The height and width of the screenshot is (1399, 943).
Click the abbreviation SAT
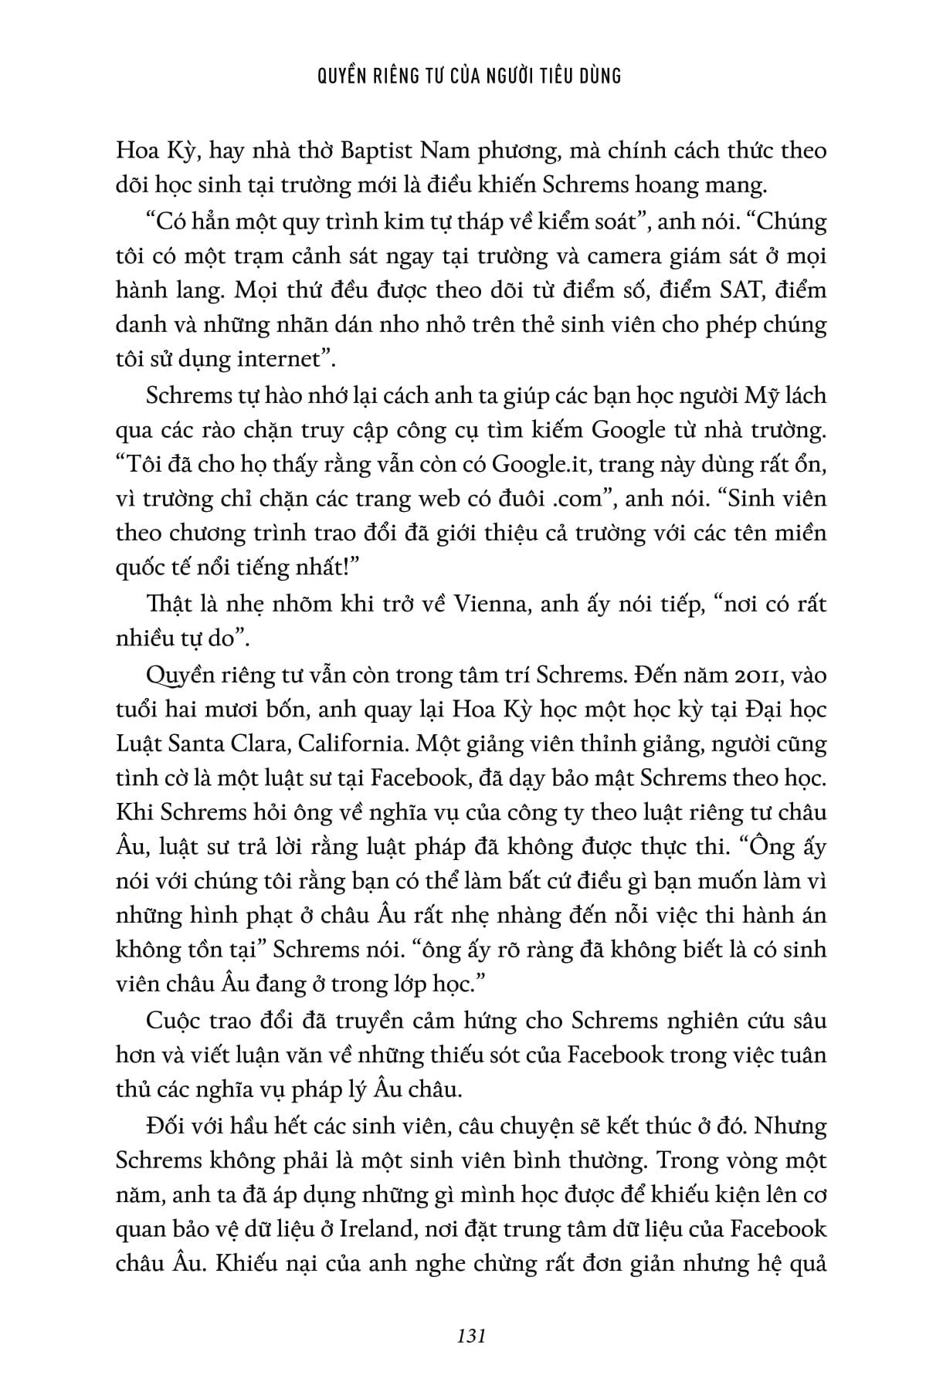click(x=714, y=290)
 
